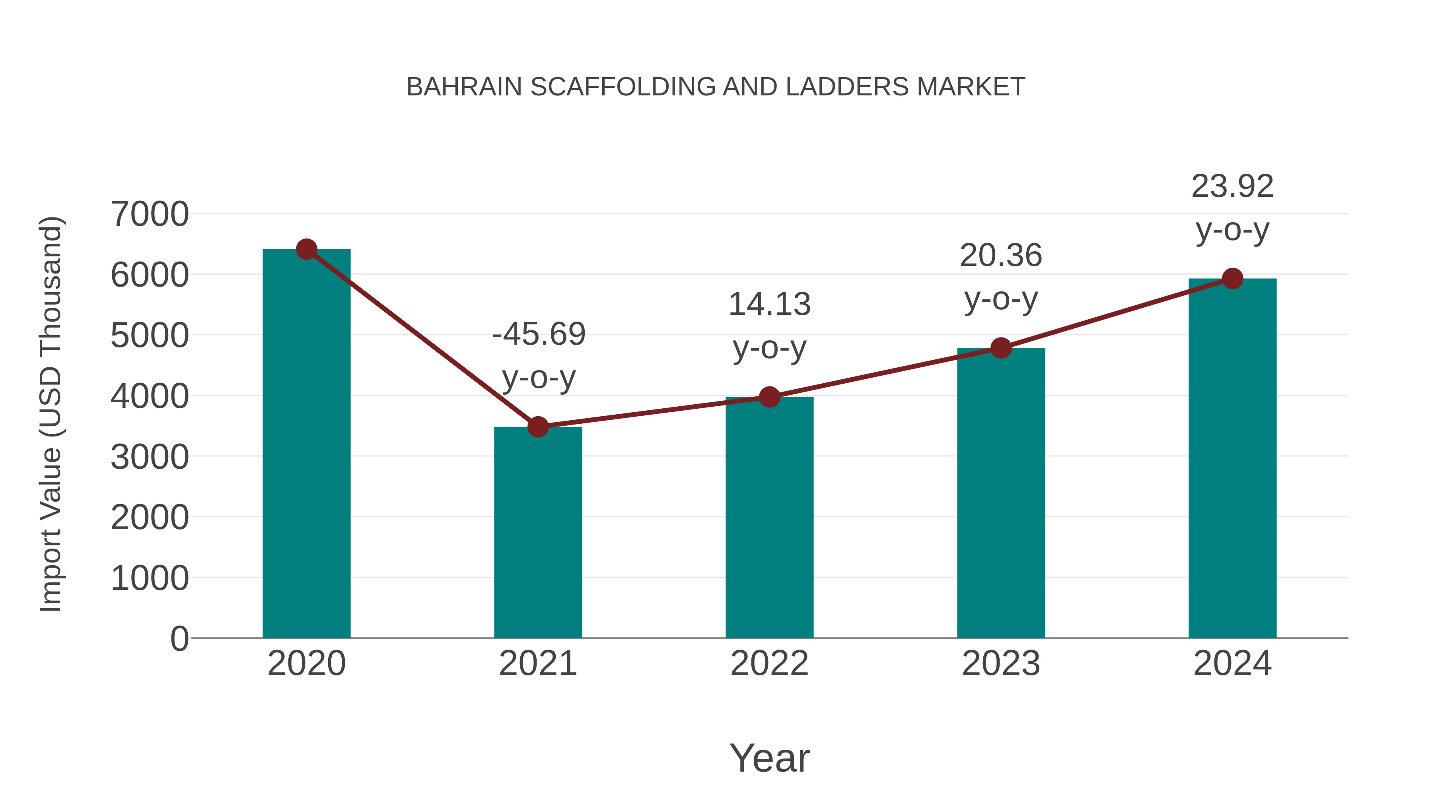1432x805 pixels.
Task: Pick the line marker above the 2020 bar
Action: (306, 249)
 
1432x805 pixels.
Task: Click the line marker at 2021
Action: (537, 427)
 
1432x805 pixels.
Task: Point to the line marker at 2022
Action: (769, 397)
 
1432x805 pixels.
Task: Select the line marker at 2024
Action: (1232, 278)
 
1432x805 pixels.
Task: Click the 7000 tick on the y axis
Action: (150, 214)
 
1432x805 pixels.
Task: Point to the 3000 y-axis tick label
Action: (150, 457)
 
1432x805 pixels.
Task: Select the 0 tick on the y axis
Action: (179, 638)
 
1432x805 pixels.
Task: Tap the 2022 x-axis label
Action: (769, 663)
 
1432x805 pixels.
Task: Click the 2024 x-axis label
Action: (1232, 663)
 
